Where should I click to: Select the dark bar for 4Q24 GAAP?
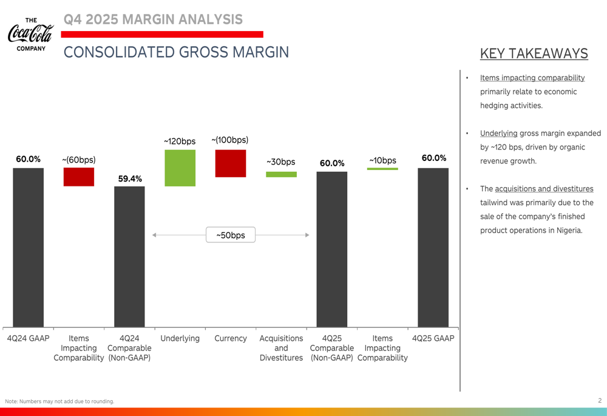29,247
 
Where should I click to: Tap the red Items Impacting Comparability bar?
79,177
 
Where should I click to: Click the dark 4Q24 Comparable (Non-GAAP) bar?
129,256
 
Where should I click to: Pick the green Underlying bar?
180,168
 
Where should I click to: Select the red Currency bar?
231,163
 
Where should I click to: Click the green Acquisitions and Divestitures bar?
281,174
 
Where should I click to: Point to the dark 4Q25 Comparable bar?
331,249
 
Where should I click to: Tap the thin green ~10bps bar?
382,169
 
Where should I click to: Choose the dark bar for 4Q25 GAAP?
433,247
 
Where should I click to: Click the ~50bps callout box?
231,235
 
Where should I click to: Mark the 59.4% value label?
130,179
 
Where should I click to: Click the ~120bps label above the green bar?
180,142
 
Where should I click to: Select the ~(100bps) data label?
230,140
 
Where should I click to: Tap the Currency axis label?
231,338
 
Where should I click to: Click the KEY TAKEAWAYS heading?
534,53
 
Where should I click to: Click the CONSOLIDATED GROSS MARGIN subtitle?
176,52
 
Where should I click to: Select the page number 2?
600,401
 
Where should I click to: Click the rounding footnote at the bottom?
59,401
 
